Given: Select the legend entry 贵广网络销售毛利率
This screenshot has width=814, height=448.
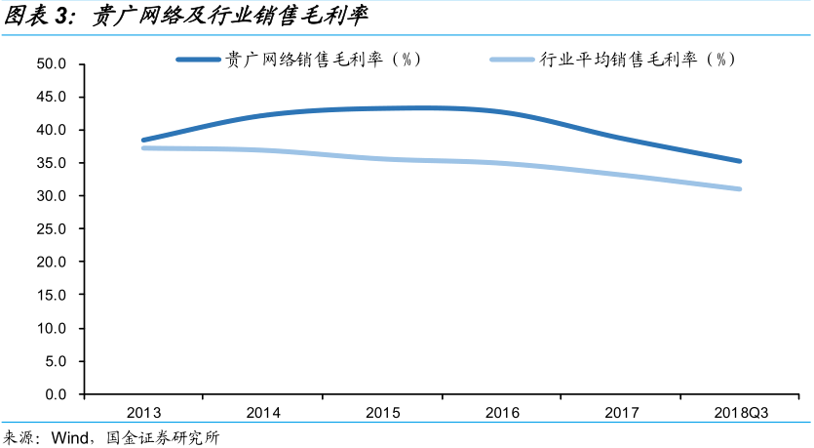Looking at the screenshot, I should pos(322,60).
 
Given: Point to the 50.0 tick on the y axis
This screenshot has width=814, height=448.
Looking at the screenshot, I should pos(49,64).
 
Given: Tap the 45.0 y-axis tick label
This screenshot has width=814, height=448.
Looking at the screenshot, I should pos(49,98).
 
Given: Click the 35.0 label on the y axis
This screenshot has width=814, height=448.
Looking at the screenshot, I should pos(49,163).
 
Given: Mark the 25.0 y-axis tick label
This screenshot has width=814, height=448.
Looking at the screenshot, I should pos(49,229).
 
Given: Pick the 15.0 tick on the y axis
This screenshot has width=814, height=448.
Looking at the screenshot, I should pos(49,296).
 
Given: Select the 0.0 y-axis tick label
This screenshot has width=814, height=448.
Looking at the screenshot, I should pos(53,394).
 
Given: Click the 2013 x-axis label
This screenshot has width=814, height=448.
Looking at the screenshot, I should pos(143,414).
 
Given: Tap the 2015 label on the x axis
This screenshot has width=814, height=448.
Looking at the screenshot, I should pos(383,414).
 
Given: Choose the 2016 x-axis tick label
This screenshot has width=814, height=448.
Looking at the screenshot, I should pos(502,414).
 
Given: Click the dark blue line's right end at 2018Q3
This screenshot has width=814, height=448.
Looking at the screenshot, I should pos(739,161).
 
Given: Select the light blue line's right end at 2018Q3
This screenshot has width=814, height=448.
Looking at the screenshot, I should pos(739,188).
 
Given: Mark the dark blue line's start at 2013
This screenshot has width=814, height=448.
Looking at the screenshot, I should pos(143,140).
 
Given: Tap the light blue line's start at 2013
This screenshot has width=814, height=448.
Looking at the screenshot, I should pos(143,147).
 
